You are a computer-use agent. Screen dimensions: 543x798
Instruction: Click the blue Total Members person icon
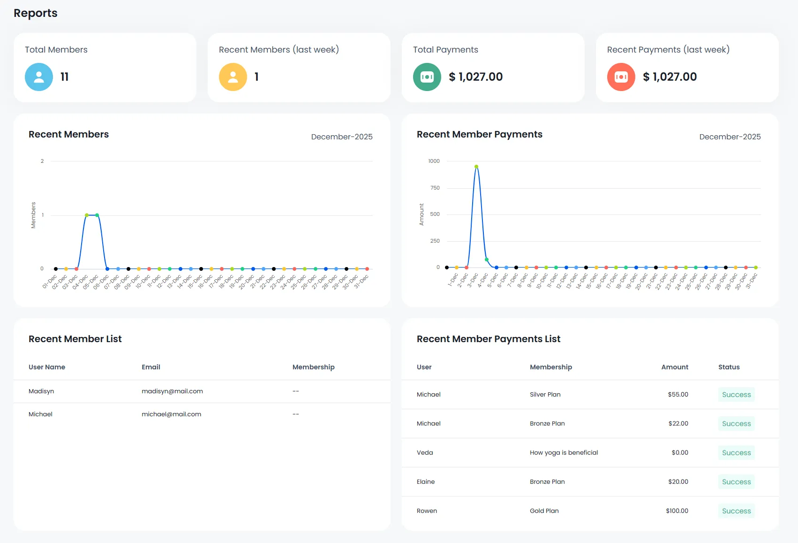[39, 77]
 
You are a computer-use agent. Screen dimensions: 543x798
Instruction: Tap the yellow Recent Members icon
[233, 77]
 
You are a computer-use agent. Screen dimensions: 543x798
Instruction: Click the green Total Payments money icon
[427, 77]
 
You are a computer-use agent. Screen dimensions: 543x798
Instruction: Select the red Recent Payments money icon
[621, 77]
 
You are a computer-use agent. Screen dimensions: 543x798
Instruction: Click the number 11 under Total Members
[65, 77]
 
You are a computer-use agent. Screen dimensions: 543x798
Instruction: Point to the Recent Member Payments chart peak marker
[476, 167]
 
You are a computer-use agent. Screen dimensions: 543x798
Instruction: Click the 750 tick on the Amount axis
[435, 188]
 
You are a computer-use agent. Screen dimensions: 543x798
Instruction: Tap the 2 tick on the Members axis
[42, 161]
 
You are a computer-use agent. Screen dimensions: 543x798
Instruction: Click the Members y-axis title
[33, 215]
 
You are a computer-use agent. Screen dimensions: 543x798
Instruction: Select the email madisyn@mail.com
[172, 391]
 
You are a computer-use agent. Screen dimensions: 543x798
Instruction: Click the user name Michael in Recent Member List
[40, 414]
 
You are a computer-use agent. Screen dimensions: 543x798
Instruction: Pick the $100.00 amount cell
[677, 511]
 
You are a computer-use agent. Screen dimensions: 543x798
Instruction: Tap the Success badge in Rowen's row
[736, 511]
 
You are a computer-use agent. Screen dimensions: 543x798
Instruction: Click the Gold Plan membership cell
[544, 511]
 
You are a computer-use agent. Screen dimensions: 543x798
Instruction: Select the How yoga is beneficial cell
[564, 453]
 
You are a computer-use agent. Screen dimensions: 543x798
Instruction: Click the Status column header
[729, 367]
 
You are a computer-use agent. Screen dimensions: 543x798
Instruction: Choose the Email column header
[151, 367]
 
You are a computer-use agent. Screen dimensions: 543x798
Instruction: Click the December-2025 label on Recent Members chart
[342, 137]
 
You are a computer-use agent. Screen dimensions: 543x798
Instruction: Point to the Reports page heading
[36, 13]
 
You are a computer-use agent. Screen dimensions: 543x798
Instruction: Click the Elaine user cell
[426, 482]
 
